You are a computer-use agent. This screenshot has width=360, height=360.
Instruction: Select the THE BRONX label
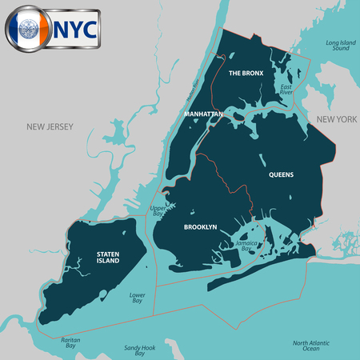246,73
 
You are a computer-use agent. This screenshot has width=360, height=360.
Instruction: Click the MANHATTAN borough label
202,114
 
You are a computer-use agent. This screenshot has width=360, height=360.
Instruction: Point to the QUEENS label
281,174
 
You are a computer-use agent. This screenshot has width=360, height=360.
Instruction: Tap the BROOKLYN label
200,227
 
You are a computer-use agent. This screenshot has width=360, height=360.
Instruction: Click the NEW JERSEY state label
50,126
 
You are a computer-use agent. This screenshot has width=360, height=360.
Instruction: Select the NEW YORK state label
335,119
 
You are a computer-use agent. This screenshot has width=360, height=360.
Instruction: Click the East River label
286,89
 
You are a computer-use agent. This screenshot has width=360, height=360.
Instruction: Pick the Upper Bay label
158,211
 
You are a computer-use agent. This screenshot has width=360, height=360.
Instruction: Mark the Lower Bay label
137,298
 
